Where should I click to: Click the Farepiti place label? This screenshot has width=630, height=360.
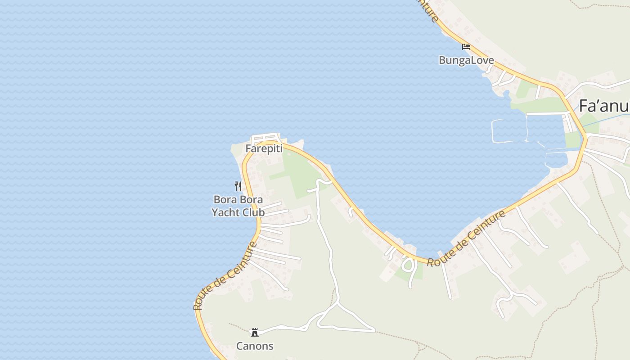264,148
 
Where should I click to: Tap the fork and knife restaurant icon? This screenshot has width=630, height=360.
238,186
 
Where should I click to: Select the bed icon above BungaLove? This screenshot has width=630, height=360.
466,46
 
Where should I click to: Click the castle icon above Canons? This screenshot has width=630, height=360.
255,333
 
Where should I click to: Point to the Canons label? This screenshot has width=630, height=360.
255,346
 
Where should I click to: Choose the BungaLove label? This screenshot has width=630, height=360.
466,60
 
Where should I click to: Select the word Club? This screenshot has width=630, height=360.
254,212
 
